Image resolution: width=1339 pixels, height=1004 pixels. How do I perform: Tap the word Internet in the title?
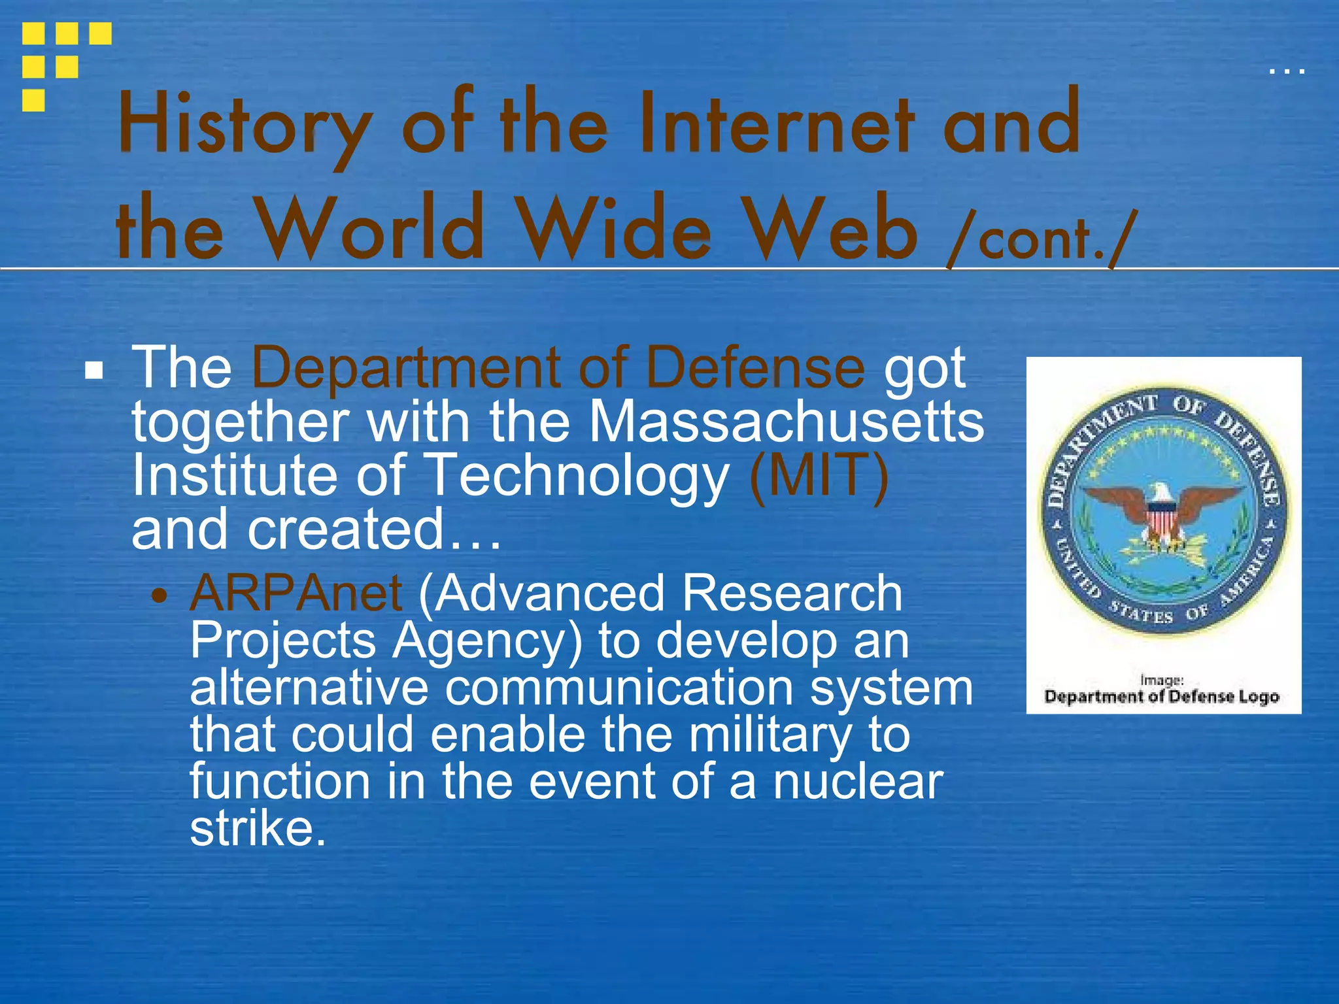point(775,124)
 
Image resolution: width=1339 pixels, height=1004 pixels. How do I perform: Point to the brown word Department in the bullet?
point(406,368)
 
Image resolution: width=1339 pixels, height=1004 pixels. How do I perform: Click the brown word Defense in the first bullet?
point(755,368)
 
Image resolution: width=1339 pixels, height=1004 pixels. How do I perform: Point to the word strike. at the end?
point(258,829)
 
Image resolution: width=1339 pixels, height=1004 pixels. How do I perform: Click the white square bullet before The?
point(94,371)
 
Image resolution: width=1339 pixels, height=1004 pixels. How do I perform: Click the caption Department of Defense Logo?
point(1161,697)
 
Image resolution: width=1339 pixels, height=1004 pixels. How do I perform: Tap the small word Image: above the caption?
point(1161,680)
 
